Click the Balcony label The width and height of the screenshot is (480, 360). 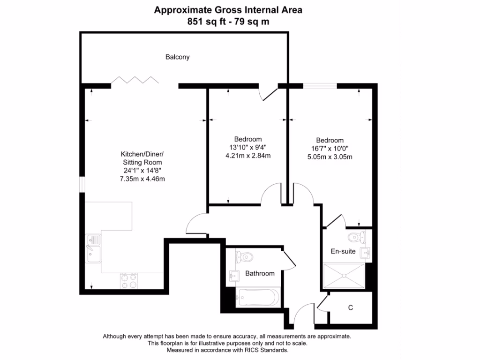tap(178, 57)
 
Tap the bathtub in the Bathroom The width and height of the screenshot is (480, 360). tap(258, 297)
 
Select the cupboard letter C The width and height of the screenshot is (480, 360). tap(350, 308)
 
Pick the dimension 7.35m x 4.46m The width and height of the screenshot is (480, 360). tap(142, 179)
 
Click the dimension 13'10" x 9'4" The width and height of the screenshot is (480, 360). tap(247, 148)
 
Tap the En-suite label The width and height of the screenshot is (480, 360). tap(343, 252)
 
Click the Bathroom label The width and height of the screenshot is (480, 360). tap(260, 273)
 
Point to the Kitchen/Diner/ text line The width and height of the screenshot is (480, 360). tap(142, 154)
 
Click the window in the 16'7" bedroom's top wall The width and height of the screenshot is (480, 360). tap(320, 85)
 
